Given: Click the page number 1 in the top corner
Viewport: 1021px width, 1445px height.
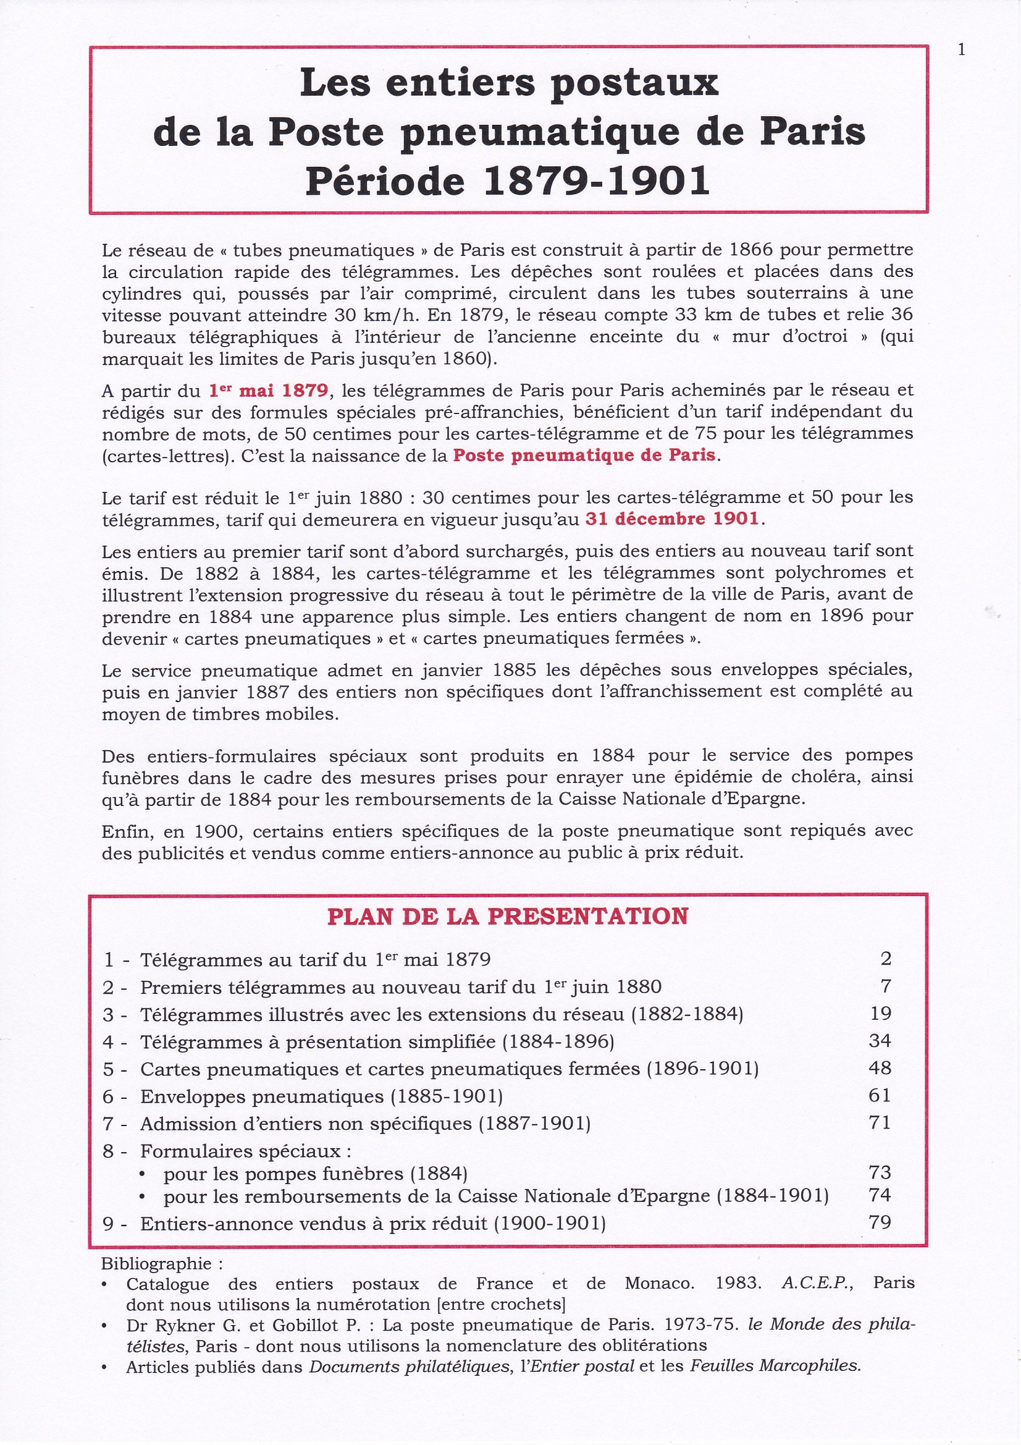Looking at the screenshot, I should tap(961, 50).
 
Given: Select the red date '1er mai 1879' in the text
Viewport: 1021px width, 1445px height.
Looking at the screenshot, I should tap(269, 391).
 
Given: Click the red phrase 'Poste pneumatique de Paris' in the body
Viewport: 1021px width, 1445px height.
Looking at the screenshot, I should tap(584, 455).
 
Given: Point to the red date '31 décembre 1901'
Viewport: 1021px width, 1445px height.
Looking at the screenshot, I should tap(672, 519).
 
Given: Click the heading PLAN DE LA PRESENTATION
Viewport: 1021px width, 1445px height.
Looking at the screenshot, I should tap(508, 917).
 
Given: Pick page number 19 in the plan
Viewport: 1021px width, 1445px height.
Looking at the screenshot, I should tap(880, 1013).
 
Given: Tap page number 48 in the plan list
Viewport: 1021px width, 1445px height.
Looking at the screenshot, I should tap(880, 1068).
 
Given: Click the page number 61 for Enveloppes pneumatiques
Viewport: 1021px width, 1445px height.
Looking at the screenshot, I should tap(880, 1096).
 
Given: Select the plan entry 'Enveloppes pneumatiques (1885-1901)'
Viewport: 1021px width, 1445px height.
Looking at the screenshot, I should tap(321, 1096).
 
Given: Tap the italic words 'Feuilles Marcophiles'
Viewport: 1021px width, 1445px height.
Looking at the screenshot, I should tap(775, 1367).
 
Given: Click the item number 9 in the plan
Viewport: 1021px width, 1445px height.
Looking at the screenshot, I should tap(108, 1224).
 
